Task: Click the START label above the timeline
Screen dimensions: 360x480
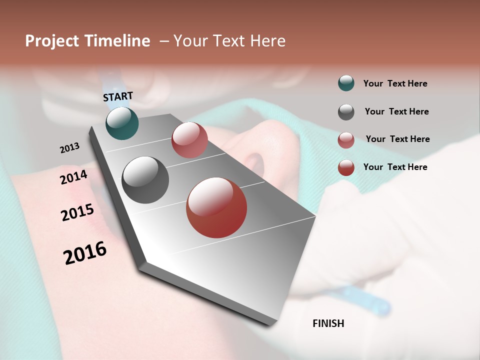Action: [x=118, y=96]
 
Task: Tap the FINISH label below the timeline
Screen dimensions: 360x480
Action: [x=328, y=323]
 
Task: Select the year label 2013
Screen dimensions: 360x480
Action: [x=70, y=148]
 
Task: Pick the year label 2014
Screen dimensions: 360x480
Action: [x=74, y=177]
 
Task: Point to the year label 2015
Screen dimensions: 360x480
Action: [x=77, y=212]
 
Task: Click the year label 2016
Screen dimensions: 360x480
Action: [x=85, y=253]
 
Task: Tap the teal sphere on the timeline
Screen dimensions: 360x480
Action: [x=122, y=123]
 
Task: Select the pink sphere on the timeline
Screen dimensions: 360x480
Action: [x=189, y=140]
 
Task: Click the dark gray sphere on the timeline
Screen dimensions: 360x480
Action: [x=145, y=180]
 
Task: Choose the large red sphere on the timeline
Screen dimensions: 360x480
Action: [x=216, y=207]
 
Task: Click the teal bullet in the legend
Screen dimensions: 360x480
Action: [x=346, y=83]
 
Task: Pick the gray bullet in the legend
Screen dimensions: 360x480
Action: [x=346, y=111]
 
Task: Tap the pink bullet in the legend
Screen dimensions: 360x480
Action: [x=346, y=139]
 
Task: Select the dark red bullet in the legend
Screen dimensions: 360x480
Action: [x=346, y=167]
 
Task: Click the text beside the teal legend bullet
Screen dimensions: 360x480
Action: [x=395, y=83]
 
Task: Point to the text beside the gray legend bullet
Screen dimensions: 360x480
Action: [x=396, y=111]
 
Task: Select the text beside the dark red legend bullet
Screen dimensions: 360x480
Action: [x=395, y=167]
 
